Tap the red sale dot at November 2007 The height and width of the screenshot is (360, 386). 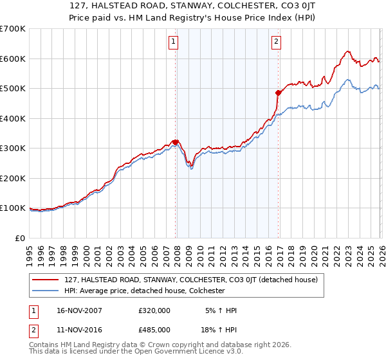(175, 143)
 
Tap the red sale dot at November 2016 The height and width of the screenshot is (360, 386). (278, 93)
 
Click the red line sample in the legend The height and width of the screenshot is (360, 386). (46, 280)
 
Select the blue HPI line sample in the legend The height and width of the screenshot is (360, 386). (46, 291)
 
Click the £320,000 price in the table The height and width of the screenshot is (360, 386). (155, 310)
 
